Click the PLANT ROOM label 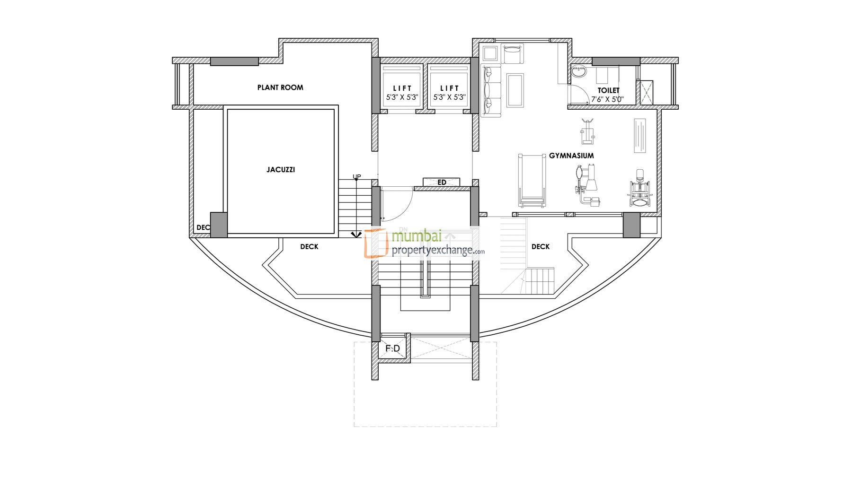point(280,87)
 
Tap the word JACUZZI point(281,170)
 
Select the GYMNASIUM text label point(571,156)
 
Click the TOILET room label point(608,90)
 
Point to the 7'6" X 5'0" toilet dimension point(607,100)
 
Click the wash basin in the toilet point(578,72)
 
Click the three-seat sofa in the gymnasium point(491,91)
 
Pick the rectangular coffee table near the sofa point(515,90)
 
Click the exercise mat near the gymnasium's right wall point(640,136)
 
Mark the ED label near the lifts point(442,183)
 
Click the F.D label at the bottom point(393,348)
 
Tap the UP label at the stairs point(357,177)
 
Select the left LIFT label point(402,88)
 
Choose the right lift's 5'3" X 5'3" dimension point(449,97)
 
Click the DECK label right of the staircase point(541,247)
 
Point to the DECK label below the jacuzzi point(309,247)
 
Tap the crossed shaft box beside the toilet point(644,92)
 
